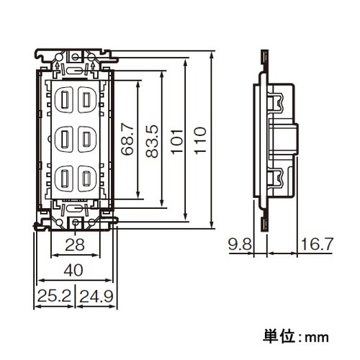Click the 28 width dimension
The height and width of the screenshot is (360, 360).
click(x=76, y=246)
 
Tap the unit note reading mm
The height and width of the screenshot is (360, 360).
click(x=295, y=336)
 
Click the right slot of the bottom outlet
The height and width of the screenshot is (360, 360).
click(x=86, y=176)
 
